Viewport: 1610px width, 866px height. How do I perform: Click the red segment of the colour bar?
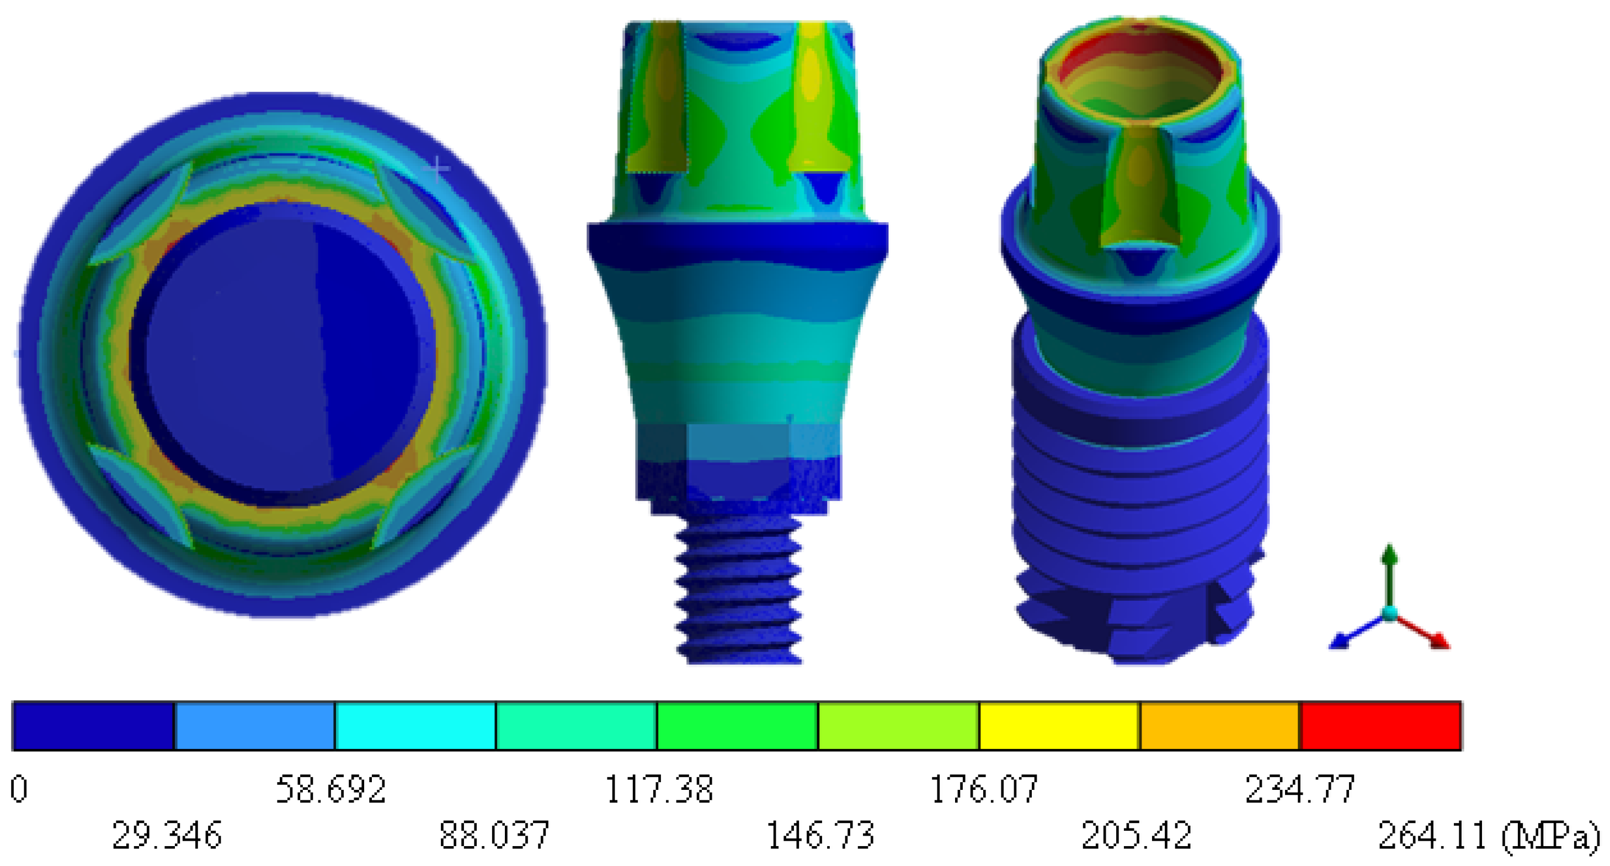(x=1380, y=725)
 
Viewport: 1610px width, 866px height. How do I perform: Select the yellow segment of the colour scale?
(x=1059, y=725)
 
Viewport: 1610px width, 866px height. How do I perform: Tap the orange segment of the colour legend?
(x=1219, y=725)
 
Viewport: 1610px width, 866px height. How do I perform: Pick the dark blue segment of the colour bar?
(x=93, y=725)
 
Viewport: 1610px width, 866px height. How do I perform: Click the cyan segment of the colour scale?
(x=415, y=725)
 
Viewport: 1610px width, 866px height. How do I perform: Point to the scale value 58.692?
(x=330, y=789)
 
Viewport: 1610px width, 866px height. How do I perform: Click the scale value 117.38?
(x=659, y=789)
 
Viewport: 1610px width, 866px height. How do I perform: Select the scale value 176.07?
(x=984, y=789)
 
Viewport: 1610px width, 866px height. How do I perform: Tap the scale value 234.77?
(x=1300, y=789)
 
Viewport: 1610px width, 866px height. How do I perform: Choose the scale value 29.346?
(x=167, y=835)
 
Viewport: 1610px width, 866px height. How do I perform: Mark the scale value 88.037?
(x=494, y=835)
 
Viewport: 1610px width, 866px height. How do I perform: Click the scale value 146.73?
(x=819, y=835)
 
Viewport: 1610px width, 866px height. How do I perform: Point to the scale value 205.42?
(x=1136, y=835)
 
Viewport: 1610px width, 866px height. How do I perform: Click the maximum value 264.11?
(x=1431, y=835)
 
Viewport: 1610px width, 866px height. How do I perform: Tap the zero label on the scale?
(x=19, y=789)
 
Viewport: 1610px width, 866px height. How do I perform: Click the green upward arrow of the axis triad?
(x=1389, y=562)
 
